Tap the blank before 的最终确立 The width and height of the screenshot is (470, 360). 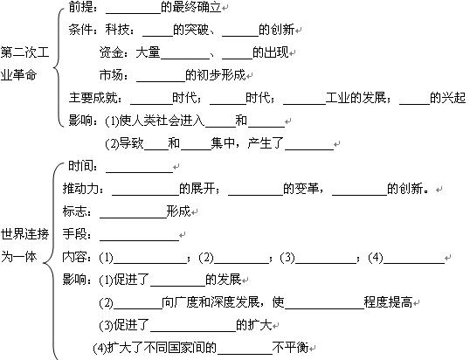134,13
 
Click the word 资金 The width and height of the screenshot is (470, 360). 111,52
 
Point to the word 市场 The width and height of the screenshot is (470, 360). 111,75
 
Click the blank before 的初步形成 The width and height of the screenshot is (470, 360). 161,81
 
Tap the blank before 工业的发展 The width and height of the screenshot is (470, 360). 304,104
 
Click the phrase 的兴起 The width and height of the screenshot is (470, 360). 447,98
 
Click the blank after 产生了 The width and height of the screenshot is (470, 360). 309,149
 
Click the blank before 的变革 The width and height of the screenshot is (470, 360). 256,195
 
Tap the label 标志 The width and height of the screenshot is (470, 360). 74,211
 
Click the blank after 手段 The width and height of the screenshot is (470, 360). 140,240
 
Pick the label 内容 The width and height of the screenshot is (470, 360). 74,257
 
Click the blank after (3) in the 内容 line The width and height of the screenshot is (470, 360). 326,263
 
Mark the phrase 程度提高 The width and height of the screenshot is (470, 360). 388,302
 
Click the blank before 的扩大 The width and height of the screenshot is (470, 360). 193,331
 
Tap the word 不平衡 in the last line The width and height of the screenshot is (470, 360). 290,348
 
